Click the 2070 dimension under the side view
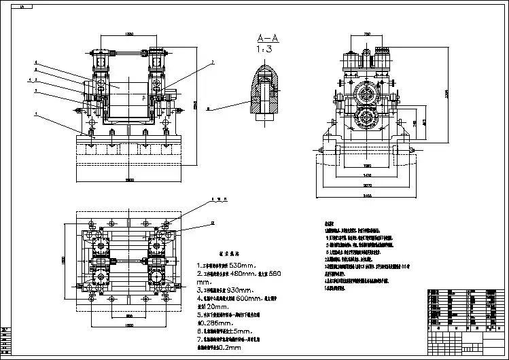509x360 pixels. point(367,185)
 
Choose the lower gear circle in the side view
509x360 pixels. point(368,120)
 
